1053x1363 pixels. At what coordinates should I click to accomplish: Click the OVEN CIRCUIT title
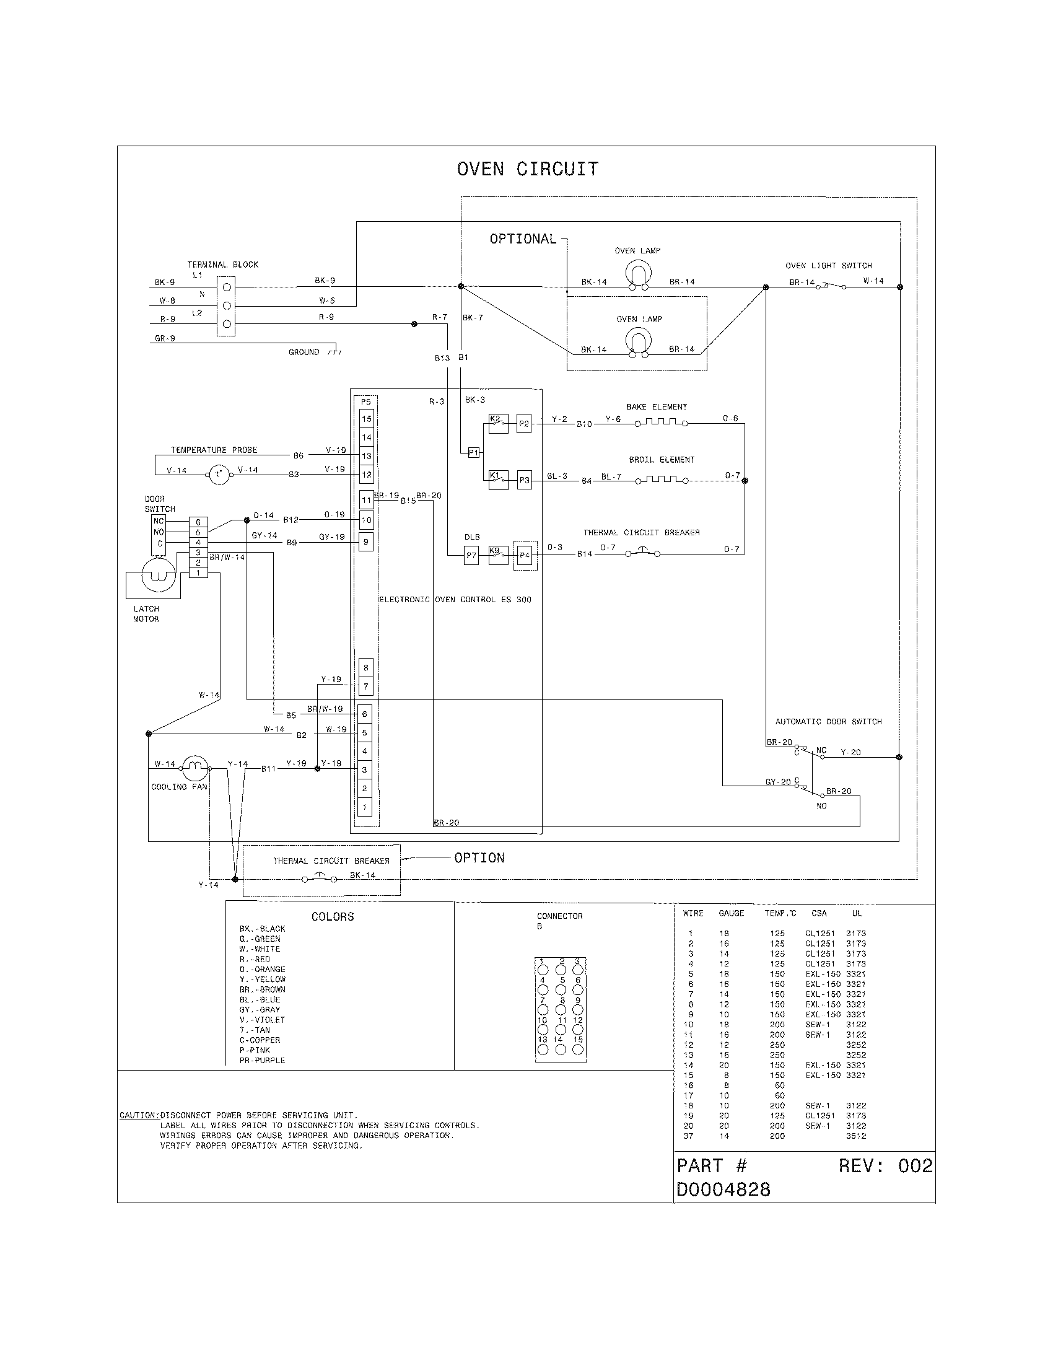click(x=528, y=169)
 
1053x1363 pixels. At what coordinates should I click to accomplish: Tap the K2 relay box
click(x=498, y=424)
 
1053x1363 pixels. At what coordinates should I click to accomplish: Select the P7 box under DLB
click(x=471, y=556)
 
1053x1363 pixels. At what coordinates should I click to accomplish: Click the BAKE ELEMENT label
click(x=656, y=407)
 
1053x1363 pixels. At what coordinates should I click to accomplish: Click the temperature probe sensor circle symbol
click(x=218, y=475)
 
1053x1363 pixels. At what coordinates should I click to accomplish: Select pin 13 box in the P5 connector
click(x=366, y=456)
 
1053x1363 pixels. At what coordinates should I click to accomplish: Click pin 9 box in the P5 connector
click(x=366, y=541)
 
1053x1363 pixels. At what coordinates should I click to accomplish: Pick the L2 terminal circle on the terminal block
click(x=227, y=324)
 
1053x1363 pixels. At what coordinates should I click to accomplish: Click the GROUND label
click(x=304, y=352)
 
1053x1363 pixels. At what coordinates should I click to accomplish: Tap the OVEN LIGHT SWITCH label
click(x=828, y=266)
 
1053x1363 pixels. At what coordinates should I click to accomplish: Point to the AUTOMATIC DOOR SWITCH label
click(x=828, y=721)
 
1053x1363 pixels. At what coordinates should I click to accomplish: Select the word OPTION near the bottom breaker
click(x=479, y=858)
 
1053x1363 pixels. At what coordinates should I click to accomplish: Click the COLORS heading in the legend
click(x=333, y=917)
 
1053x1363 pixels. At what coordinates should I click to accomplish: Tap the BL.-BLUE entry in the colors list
click(x=260, y=999)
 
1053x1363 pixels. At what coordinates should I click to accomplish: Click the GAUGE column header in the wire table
click(x=731, y=913)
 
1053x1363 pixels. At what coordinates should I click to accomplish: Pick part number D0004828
click(x=723, y=1190)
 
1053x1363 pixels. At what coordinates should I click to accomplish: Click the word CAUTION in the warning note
click(x=138, y=1115)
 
